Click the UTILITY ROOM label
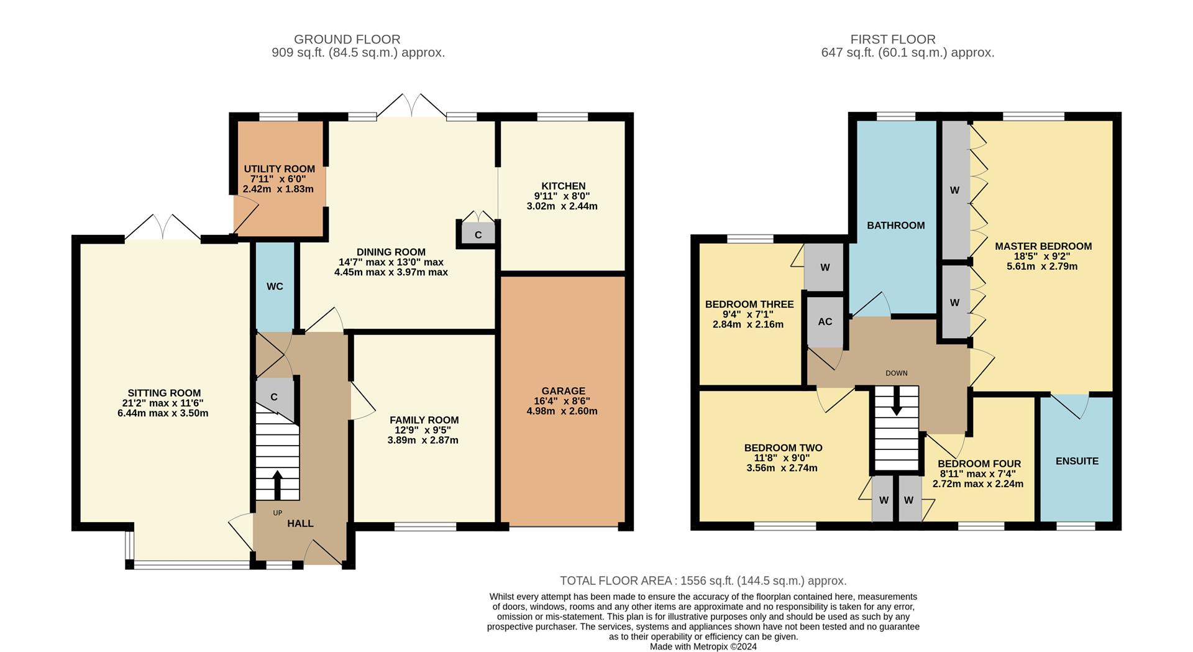tap(279, 169)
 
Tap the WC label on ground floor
tap(275, 287)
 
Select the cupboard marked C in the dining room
tap(478, 235)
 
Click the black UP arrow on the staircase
tap(277, 484)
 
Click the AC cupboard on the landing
tap(825, 322)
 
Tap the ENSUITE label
tap(1077, 461)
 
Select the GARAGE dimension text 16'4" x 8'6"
tap(562, 402)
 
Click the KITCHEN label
tap(563, 186)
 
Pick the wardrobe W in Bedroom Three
tap(825, 268)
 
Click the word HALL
tap(300, 524)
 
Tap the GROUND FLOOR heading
tap(347, 39)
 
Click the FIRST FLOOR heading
tap(892, 39)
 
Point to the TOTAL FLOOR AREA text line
tap(703, 581)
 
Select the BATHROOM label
tap(895, 226)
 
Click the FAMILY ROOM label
tap(424, 420)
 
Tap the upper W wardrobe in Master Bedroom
tap(954, 190)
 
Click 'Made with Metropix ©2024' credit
tap(703, 646)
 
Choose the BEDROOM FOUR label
tap(979, 464)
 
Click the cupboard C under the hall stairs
tap(274, 397)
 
